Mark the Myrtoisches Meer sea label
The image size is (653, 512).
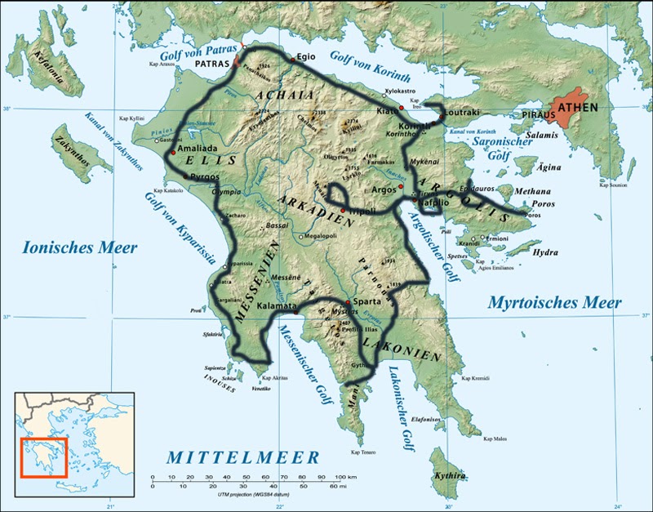click(555, 303)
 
